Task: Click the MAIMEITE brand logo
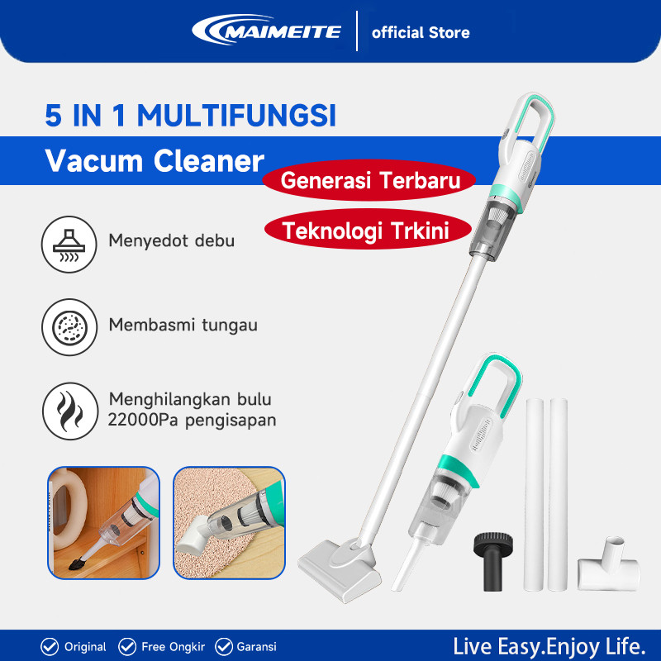click(x=266, y=31)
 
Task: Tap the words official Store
click(x=421, y=33)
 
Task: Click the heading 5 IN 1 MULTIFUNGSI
click(x=191, y=116)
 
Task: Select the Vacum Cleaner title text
click(x=155, y=161)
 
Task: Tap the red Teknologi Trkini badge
click(x=366, y=231)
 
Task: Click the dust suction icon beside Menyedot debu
click(x=66, y=241)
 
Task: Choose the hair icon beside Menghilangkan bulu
click(x=66, y=409)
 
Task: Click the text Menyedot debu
click(x=171, y=241)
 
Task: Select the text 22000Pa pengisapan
click(x=192, y=420)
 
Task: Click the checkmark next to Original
click(x=50, y=646)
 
